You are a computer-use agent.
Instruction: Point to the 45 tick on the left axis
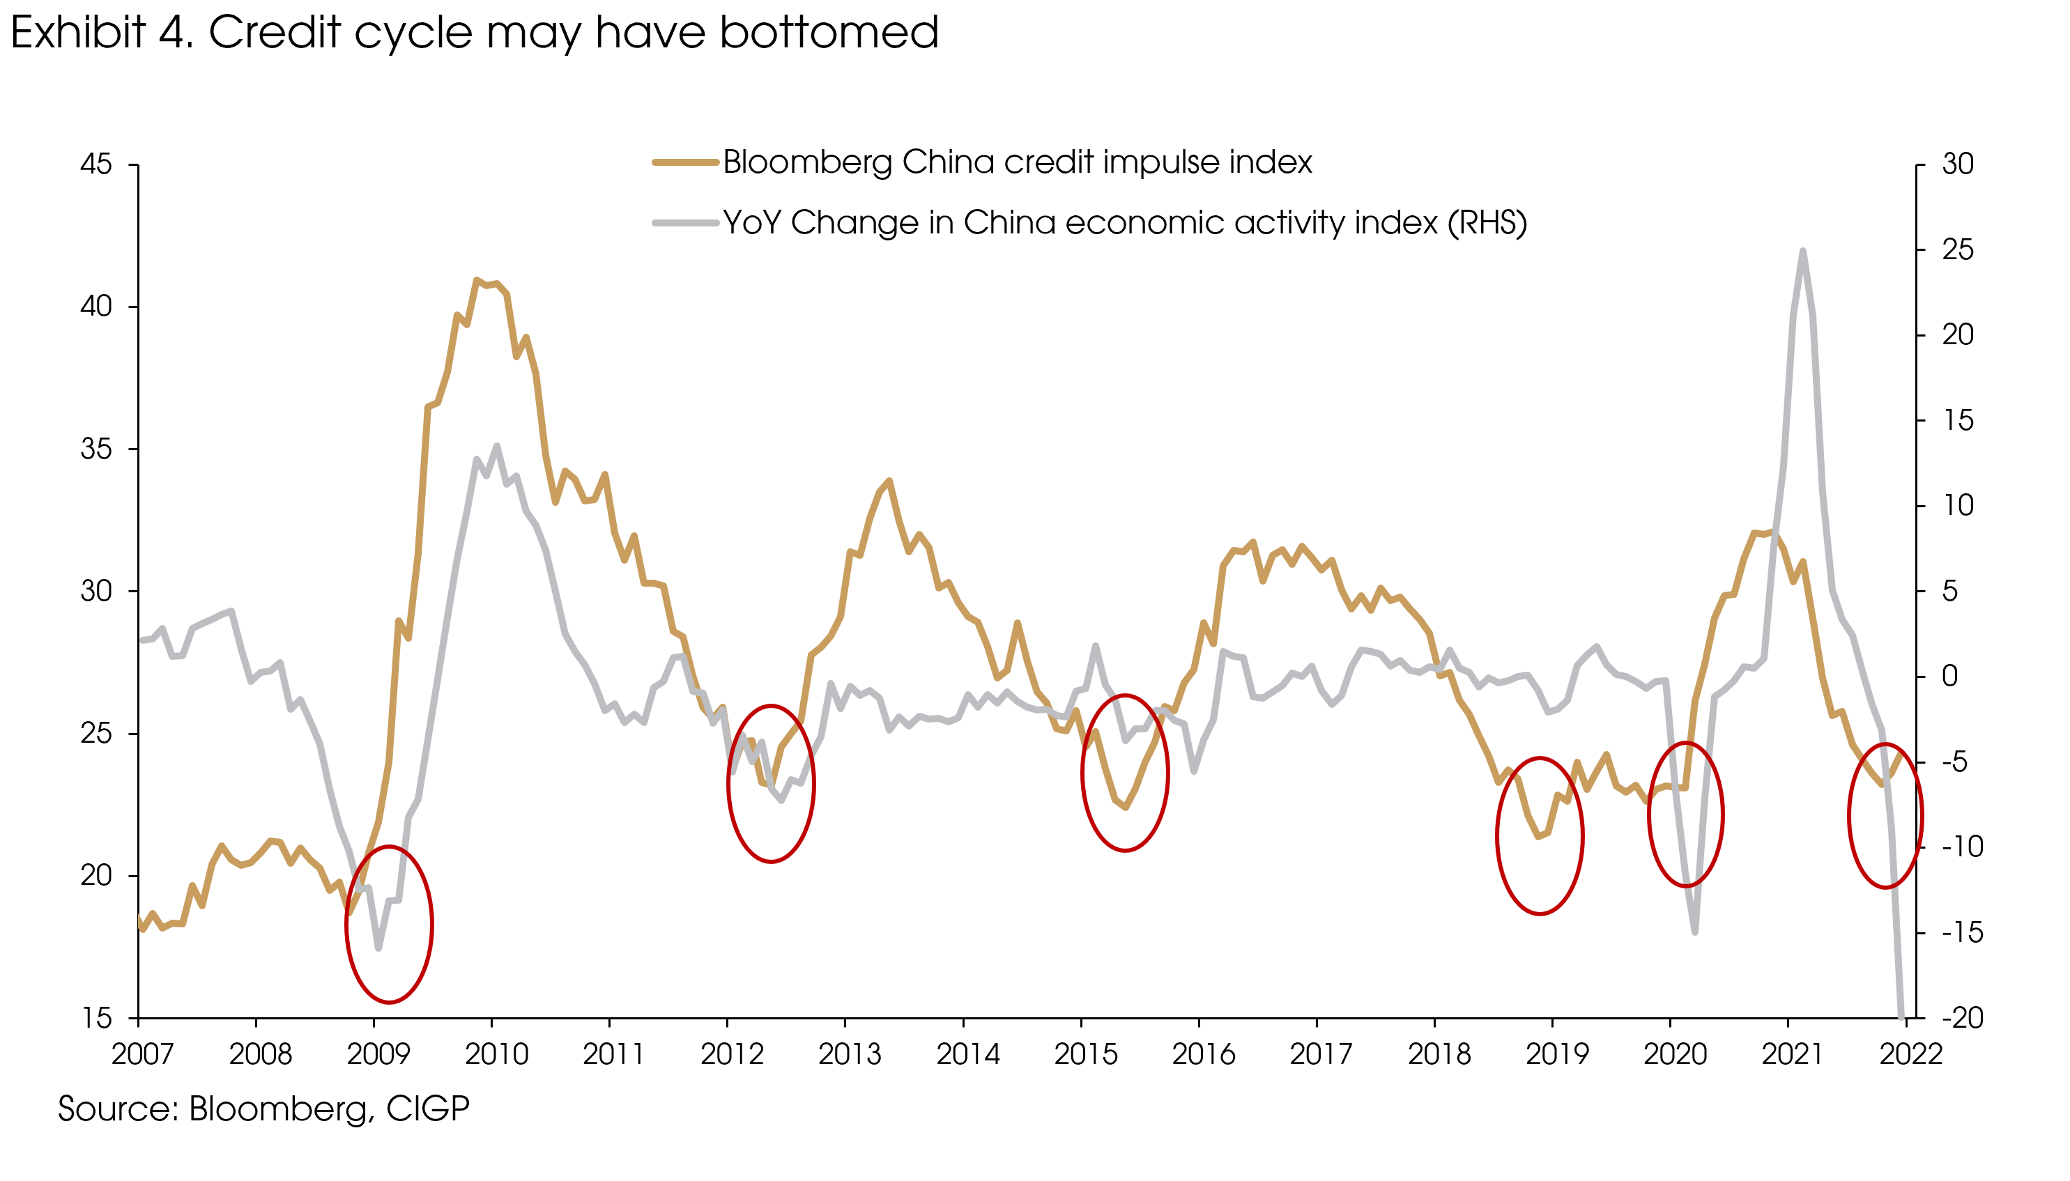point(95,164)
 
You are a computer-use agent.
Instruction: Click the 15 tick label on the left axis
point(95,1018)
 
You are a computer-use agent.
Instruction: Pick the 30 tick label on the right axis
point(1957,164)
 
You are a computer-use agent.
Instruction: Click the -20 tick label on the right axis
point(1961,1018)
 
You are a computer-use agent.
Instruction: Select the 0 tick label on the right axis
point(1949,677)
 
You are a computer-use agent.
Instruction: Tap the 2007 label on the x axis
point(142,1054)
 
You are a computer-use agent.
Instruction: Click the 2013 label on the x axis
point(848,1054)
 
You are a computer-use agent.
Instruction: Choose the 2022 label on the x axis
point(1910,1054)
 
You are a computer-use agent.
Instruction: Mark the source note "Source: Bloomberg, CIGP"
point(263,1109)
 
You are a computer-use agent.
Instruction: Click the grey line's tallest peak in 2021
point(1802,252)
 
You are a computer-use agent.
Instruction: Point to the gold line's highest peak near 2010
point(477,281)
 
